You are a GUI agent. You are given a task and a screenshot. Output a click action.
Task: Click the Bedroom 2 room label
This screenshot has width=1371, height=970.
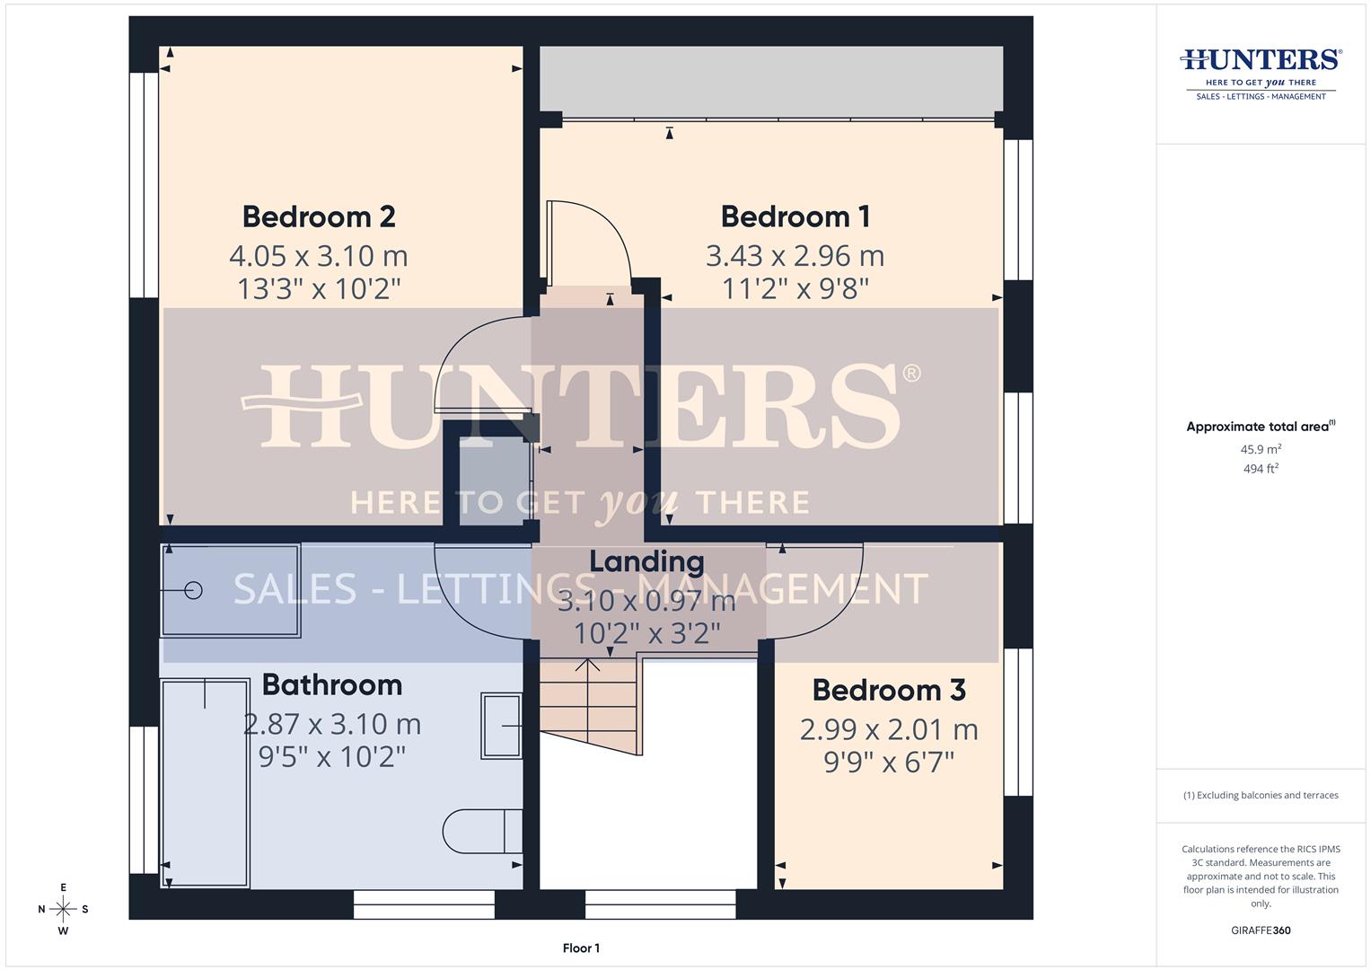point(319,216)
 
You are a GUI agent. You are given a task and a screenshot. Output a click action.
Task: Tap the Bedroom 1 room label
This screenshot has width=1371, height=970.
point(795,216)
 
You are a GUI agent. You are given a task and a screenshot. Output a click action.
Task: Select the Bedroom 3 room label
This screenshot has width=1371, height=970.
point(889,690)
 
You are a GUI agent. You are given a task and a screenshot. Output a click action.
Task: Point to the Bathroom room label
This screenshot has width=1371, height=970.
point(332,684)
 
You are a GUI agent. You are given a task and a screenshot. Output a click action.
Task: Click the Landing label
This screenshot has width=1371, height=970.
point(646,561)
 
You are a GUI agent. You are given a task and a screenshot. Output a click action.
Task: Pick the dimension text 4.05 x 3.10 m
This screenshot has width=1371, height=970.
point(319,256)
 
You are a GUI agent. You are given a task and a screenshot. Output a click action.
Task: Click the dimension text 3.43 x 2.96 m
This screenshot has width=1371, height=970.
point(795,256)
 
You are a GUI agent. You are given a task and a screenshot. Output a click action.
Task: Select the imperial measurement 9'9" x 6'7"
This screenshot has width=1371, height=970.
point(889,763)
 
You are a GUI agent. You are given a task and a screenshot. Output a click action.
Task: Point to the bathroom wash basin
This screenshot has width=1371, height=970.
point(501,725)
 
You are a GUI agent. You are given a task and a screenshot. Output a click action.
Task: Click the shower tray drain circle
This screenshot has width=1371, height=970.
point(193,590)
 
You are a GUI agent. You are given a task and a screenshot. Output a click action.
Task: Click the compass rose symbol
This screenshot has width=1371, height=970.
point(63,909)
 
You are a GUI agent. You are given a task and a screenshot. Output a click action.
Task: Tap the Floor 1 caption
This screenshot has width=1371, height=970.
point(581,948)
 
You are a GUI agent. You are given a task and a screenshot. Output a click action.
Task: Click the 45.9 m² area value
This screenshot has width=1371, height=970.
point(1261,449)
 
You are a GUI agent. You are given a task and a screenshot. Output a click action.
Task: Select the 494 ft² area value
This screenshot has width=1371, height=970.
point(1261,469)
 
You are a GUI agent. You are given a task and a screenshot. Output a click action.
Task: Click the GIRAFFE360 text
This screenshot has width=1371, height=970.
point(1261,930)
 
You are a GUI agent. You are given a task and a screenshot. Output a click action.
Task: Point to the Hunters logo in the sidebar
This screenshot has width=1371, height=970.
point(1261,72)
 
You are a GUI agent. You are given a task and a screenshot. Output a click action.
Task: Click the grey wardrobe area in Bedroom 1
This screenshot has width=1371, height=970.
point(770,81)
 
